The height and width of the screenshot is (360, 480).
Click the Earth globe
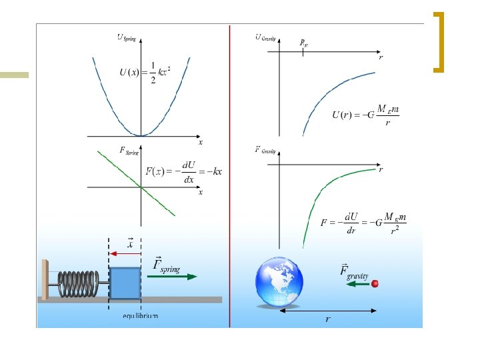coord(279,282)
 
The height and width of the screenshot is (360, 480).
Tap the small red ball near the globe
coord(375,283)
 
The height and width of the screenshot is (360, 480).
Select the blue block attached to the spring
coord(125,283)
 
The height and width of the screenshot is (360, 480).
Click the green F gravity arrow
coord(357,283)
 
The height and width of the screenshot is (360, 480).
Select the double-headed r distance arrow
coord(327,310)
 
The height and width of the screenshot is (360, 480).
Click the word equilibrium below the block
coord(140,315)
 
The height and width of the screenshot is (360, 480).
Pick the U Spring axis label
coord(127,38)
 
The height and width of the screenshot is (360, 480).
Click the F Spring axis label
coord(129,151)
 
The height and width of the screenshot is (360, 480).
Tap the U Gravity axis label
coord(266,37)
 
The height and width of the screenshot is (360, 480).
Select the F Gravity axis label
coord(266,150)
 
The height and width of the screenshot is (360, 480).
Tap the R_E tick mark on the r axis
coord(303,49)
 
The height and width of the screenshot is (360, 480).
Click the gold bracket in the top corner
coord(439,41)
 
